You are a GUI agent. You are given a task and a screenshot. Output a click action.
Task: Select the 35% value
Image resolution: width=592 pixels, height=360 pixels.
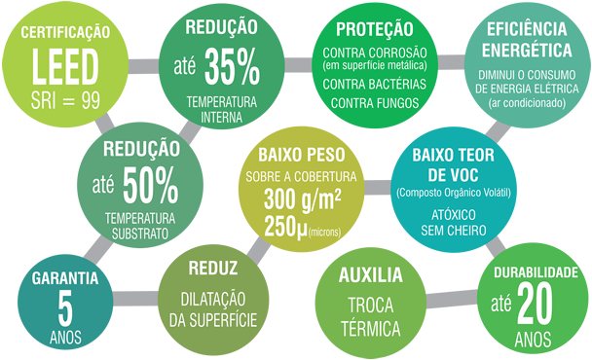pyautogui.click(x=233, y=67)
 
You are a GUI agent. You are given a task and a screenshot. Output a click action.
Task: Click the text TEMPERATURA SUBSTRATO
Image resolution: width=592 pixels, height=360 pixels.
pyautogui.click(x=140, y=226)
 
